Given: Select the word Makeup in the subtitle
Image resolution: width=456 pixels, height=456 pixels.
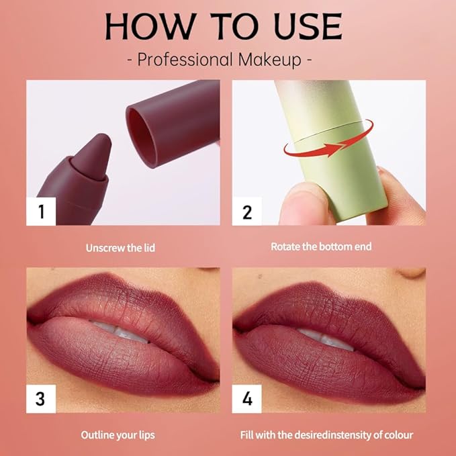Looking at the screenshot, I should (x=271, y=59).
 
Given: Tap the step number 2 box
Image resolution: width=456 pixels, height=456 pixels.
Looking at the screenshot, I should (x=246, y=212).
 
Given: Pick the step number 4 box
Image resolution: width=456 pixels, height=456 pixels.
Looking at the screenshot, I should (x=246, y=398).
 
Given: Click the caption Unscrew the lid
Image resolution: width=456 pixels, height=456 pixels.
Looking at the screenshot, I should (x=120, y=248).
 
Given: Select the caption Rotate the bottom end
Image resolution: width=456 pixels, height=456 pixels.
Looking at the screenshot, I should (x=321, y=246).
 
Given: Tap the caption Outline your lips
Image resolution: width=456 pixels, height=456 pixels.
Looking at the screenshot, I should (x=118, y=435).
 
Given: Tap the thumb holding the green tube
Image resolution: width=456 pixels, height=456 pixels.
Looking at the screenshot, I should (x=293, y=201).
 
